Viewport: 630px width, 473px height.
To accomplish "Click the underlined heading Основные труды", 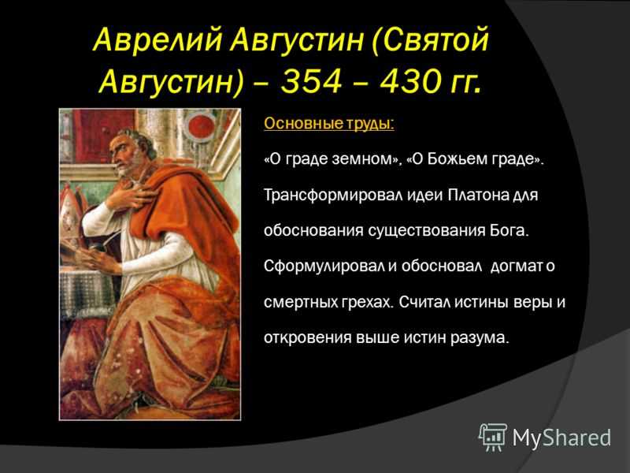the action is coord(329,124).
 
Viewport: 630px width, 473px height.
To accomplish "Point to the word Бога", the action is coord(508,230).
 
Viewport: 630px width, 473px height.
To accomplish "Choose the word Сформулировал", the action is coord(324,266).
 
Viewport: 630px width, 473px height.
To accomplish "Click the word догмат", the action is coord(517,266).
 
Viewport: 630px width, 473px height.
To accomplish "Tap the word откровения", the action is coord(307,337).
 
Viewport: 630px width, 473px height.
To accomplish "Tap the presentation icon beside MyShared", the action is coord(493,437).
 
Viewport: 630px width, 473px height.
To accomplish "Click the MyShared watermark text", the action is coord(561,438).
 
